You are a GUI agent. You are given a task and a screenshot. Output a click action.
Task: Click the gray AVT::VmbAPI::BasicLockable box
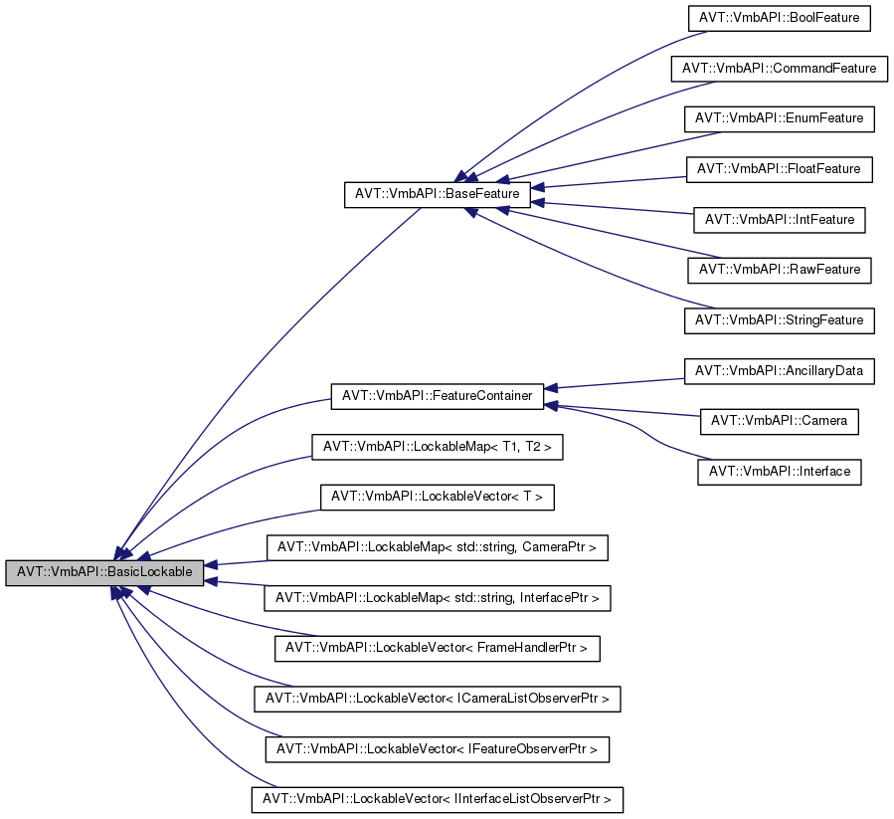(104, 573)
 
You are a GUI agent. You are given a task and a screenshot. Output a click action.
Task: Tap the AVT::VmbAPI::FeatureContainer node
(437, 395)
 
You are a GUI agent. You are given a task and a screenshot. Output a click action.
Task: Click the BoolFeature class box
(779, 18)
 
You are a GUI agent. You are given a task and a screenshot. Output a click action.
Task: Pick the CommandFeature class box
(779, 69)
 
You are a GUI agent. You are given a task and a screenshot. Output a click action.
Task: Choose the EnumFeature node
(779, 118)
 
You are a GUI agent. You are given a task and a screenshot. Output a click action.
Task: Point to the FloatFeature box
(779, 169)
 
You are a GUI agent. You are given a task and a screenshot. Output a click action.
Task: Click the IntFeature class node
(779, 219)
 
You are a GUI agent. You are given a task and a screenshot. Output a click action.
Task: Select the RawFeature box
(779, 270)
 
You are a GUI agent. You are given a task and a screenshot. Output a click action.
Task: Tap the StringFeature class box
(779, 320)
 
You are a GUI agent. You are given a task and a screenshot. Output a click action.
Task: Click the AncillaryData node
(779, 370)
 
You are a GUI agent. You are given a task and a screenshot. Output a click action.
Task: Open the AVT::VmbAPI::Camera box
(779, 421)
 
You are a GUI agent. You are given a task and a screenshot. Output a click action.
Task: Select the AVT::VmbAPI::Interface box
(779, 471)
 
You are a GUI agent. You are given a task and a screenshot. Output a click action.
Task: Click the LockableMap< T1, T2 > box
(438, 447)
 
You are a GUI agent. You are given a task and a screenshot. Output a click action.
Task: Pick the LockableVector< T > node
(437, 497)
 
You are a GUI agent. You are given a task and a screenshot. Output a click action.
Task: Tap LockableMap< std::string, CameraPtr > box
(437, 547)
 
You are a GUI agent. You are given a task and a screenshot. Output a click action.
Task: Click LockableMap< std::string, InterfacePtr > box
(437, 598)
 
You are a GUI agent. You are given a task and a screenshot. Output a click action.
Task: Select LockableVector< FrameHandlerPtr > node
(437, 648)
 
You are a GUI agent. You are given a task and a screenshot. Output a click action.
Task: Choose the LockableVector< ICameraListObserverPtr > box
(438, 699)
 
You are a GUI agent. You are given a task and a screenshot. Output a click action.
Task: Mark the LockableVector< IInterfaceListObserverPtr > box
(438, 799)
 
